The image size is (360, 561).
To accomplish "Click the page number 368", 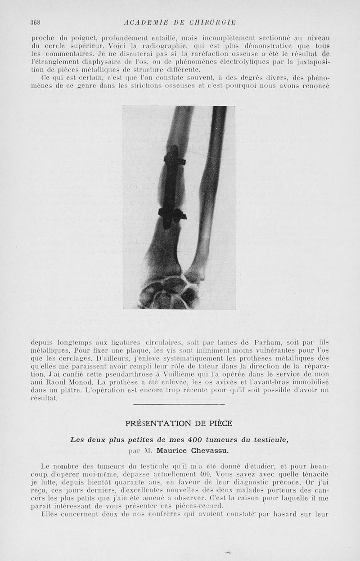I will click(x=36, y=22).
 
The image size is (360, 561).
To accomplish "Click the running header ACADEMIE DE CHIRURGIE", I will click(x=180, y=22).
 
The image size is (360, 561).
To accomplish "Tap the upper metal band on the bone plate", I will click(x=175, y=161).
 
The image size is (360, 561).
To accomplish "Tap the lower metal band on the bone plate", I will click(x=172, y=214).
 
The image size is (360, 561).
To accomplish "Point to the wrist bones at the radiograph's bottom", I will click(x=169, y=292).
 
